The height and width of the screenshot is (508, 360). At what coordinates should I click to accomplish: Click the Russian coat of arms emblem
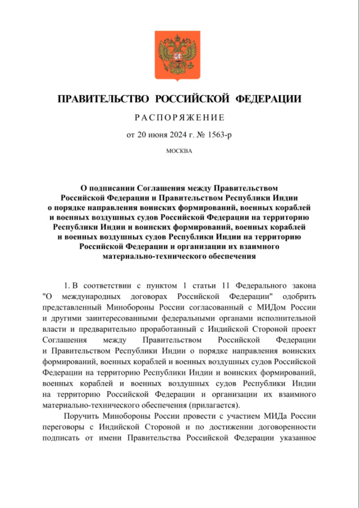pos(180,55)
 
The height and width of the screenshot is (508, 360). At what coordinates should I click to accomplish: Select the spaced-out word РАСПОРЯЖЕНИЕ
pos(180,118)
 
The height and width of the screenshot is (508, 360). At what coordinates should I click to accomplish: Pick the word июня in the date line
pos(157,135)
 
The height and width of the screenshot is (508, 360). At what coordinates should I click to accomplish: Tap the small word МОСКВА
pos(179,151)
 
